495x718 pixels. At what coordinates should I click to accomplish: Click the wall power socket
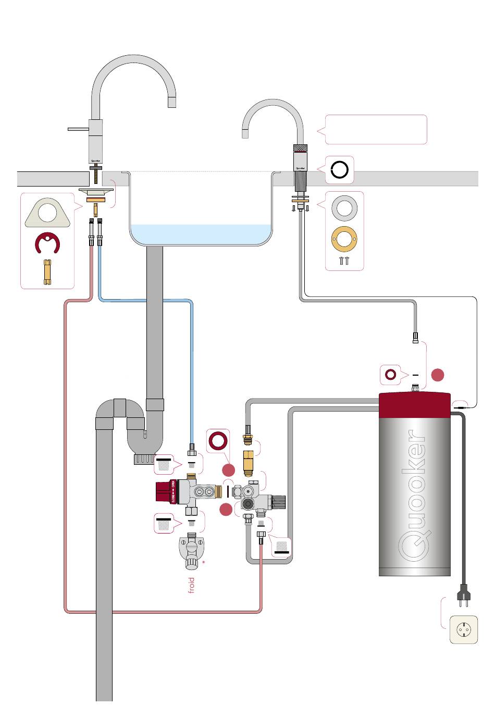click(x=463, y=630)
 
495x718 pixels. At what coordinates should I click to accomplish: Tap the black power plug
click(x=462, y=595)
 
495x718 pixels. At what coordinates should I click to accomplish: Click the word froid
click(x=191, y=585)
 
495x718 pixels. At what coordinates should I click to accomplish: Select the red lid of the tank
click(x=414, y=404)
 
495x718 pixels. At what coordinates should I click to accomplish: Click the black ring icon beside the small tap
click(x=340, y=170)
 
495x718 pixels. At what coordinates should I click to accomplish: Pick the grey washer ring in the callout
click(x=344, y=209)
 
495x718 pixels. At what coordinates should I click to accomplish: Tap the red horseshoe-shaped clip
click(x=47, y=243)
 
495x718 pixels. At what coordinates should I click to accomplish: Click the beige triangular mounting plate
click(x=47, y=213)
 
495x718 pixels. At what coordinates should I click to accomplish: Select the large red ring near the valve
click(x=218, y=441)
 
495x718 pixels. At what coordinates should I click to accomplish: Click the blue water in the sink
click(x=201, y=234)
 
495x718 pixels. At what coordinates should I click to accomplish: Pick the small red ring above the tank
click(x=390, y=374)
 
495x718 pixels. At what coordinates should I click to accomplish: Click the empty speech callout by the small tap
click(x=376, y=130)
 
